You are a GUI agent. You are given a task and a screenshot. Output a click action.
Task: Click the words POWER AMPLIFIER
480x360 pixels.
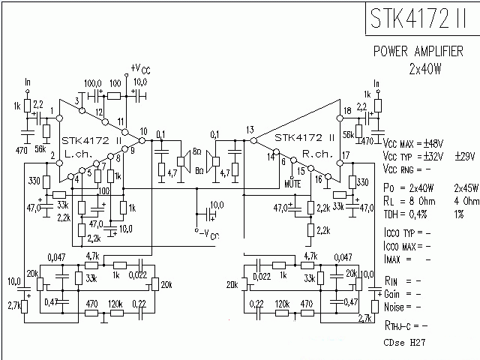(420, 52)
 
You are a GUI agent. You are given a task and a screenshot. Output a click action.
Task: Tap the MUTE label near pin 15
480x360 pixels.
(293, 182)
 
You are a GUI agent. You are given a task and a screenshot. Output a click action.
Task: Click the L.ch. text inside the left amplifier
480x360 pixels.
(79, 152)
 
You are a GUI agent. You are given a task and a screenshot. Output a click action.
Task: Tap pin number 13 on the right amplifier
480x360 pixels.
(250, 130)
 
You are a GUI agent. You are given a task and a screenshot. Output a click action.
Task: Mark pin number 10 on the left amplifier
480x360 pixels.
(143, 132)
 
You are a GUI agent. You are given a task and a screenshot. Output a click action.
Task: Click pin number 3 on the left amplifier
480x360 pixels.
(77, 100)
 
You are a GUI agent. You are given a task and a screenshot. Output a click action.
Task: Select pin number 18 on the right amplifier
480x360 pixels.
(346, 111)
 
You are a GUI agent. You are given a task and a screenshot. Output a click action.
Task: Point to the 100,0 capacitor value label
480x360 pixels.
(93, 82)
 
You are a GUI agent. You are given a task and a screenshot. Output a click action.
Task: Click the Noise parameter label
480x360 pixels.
(397, 307)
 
